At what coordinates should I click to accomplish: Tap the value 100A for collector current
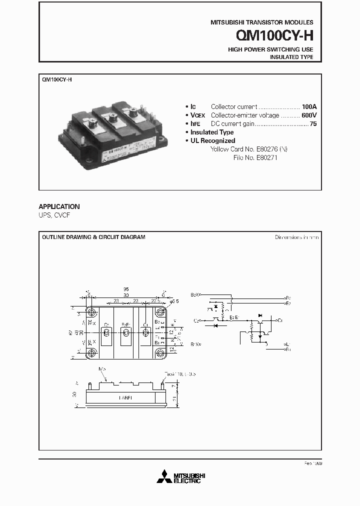[309, 106]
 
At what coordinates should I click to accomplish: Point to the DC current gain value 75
[313, 123]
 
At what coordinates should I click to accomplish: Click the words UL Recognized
[212, 141]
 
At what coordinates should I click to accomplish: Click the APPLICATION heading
[59, 206]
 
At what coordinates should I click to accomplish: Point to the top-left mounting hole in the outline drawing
[92, 311]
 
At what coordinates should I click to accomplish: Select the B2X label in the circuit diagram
[195, 295]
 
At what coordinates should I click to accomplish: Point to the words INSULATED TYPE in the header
[291, 57]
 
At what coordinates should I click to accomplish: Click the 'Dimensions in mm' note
[296, 237]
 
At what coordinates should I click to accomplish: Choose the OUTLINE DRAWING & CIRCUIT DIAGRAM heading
[93, 237]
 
